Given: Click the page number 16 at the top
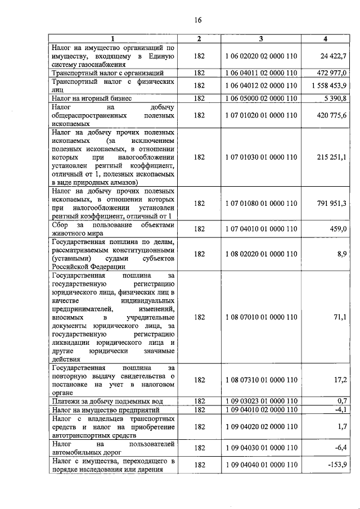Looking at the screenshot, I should pyautogui.click(x=197, y=20).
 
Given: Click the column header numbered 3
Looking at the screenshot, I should pyautogui.click(x=260, y=38).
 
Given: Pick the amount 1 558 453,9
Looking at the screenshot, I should pyautogui.click(x=328, y=85).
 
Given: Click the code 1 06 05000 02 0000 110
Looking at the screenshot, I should pyautogui.click(x=260, y=98).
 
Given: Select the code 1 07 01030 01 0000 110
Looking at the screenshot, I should pyautogui.click(x=260, y=157).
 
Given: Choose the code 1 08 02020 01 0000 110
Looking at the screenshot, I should pyautogui.click(x=260, y=254).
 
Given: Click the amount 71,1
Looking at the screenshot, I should pyautogui.click(x=340, y=317).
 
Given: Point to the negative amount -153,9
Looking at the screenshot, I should pyautogui.click(x=337, y=465).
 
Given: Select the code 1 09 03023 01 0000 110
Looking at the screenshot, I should pyautogui.click(x=260, y=401).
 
